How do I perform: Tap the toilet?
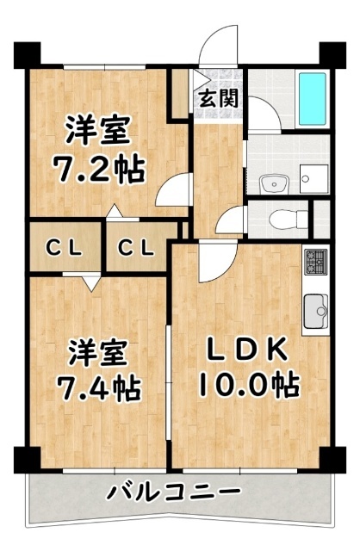(x=281, y=218)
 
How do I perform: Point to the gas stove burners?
(x=313, y=258)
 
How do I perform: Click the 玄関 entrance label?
(x=220, y=97)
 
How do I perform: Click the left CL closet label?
(x=64, y=250)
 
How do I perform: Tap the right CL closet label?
(x=136, y=250)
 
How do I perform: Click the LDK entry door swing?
(x=211, y=263)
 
